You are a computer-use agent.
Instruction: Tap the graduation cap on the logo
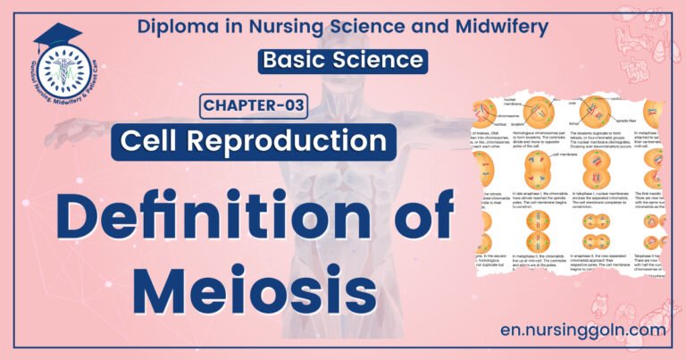coord(51,37)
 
